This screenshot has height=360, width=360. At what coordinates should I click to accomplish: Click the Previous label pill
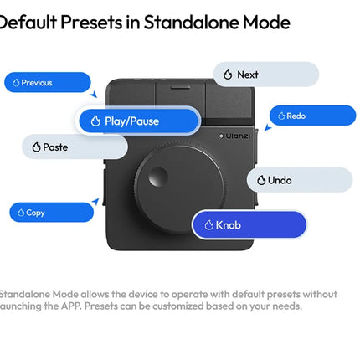48,82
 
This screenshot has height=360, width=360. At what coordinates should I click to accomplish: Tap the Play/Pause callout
139,121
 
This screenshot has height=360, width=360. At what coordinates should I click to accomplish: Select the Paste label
75,147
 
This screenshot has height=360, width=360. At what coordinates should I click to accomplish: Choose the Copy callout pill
51,213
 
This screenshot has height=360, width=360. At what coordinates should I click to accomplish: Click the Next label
266,75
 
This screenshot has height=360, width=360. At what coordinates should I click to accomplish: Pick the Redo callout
312,116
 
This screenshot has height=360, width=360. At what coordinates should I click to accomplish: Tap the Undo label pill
300,180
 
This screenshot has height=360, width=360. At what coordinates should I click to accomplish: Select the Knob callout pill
249,224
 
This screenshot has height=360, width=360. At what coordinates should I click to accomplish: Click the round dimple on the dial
157,177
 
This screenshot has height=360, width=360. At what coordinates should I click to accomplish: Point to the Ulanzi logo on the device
234,136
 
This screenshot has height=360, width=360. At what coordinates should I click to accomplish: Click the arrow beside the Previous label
94,94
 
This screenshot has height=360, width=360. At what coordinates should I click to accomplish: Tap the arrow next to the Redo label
268,127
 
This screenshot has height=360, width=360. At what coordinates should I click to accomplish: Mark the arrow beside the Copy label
95,201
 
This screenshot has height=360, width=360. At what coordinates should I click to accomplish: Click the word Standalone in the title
192,23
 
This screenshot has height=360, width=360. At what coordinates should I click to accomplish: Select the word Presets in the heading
91,23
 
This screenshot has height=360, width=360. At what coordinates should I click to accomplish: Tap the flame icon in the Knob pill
209,225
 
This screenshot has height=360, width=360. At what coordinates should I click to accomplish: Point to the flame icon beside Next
228,75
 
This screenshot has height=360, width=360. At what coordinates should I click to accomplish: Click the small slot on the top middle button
180,87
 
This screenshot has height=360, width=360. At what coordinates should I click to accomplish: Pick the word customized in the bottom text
177,306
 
